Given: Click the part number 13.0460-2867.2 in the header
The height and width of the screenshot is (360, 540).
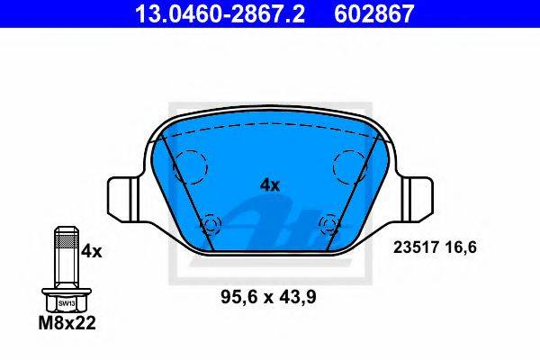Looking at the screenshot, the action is (220, 13).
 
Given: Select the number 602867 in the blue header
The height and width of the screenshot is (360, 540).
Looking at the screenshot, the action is (374, 13).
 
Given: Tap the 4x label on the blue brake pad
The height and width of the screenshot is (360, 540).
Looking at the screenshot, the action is (270, 185).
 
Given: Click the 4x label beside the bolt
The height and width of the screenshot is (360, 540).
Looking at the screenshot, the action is (92, 252).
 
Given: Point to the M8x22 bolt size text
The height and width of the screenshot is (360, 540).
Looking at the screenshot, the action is (67, 323).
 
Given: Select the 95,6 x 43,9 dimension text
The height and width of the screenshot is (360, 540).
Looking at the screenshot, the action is (268, 297).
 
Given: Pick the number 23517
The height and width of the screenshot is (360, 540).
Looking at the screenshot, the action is (416, 247).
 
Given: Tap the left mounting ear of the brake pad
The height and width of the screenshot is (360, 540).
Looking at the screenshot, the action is (126, 199).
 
